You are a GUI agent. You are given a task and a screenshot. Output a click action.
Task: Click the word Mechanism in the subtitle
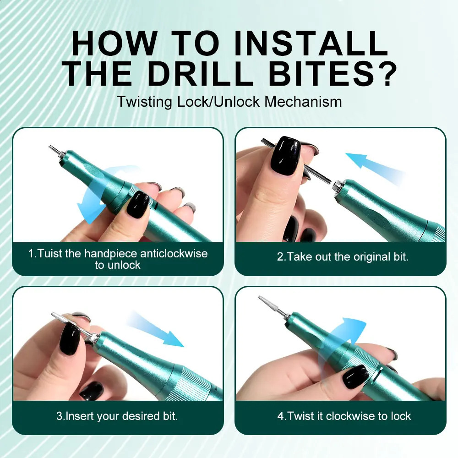tap(303, 101)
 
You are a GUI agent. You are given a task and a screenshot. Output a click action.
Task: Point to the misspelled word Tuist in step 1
tap(49, 253)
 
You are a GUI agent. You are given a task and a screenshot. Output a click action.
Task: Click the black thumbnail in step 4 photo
tap(355, 376)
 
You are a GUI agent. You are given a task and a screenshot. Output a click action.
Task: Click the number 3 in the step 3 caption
tap(59, 416)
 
